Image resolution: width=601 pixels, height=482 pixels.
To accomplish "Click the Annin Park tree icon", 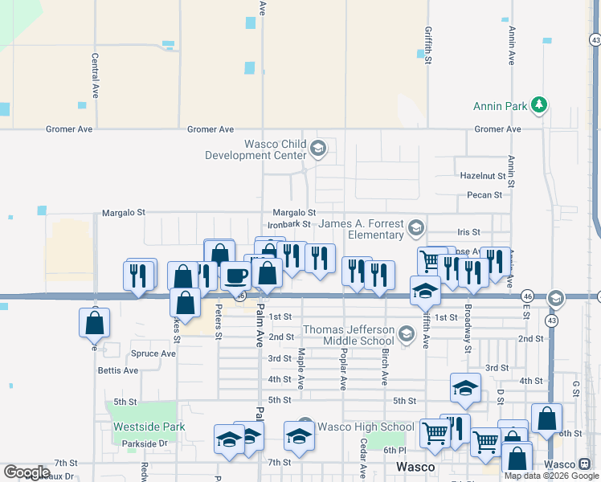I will point(541,105).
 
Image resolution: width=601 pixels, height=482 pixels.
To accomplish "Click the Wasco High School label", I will point(366,427).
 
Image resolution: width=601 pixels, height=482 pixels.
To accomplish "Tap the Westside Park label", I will point(149,427).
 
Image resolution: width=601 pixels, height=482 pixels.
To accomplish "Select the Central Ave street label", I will point(95,76).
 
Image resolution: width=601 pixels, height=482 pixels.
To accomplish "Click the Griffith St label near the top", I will point(428,44).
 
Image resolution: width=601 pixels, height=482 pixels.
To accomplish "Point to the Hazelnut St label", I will point(482,175).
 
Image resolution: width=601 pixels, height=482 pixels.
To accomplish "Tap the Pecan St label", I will point(484,194).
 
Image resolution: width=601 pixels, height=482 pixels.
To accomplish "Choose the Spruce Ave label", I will point(153,353).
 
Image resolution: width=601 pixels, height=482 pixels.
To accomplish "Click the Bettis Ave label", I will point(117,370).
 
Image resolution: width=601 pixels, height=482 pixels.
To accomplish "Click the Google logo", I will point(27,472).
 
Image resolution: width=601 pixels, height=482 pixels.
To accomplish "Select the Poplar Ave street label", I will point(343,369).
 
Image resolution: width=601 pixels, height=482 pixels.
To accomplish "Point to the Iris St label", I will point(468,231).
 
